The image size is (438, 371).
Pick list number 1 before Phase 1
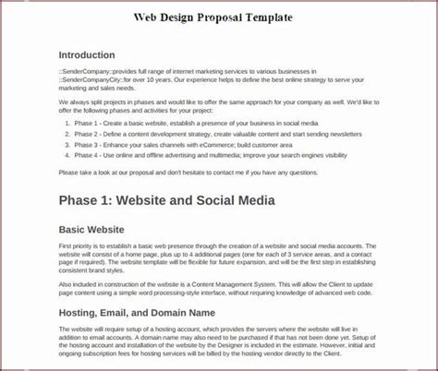click(x=68, y=122)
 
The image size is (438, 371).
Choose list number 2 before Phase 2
click(x=68, y=134)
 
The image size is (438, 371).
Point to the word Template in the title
click(x=270, y=18)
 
